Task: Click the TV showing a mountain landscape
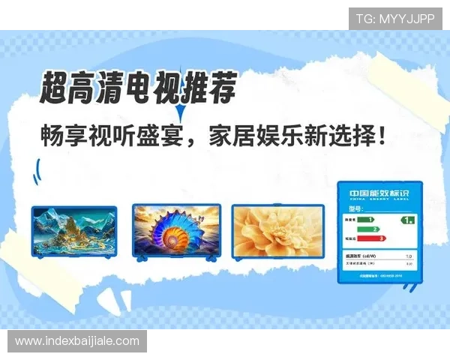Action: coord(73,232)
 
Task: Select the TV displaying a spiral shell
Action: coord(176,231)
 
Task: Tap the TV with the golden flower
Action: coord(277,230)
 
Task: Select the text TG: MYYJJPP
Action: coord(394,19)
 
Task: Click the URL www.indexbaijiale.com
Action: coord(77,341)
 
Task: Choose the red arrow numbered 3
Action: coord(371,238)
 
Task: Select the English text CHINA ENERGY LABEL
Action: coord(375,199)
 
